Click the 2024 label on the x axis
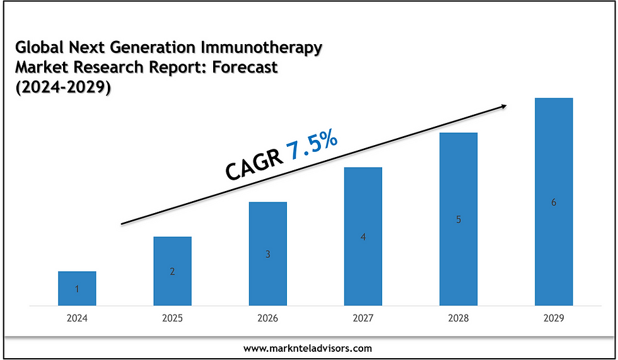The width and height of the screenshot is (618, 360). coord(77,318)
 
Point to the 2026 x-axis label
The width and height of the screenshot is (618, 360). coord(267,318)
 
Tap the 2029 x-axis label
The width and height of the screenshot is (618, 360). coord(554,318)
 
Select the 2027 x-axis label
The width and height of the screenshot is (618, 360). coord(363,318)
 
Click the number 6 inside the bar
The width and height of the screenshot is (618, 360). coord(554,202)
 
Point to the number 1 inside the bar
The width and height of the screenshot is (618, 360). coord(77,289)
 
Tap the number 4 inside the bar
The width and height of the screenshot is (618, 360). coord(363,237)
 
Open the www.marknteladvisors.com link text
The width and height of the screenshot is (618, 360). coord(308,347)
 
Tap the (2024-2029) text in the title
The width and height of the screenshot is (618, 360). coord(62,88)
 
